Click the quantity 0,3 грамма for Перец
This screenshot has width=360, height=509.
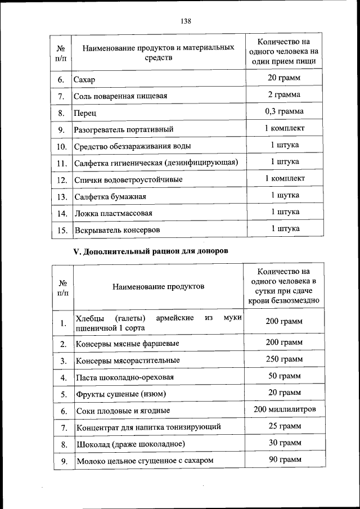click(x=284, y=111)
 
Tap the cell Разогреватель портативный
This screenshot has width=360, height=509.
click(x=123, y=129)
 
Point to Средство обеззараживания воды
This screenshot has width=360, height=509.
click(x=132, y=146)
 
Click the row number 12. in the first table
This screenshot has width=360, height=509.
click(x=62, y=181)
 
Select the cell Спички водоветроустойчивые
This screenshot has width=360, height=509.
click(x=128, y=181)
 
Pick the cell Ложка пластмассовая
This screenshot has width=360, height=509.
click(x=113, y=214)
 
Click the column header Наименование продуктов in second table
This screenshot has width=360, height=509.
click(x=158, y=287)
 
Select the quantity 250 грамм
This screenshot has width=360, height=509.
click(x=284, y=359)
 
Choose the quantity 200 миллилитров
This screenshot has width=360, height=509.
click(x=284, y=409)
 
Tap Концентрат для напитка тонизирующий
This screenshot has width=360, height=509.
click(x=148, y=427)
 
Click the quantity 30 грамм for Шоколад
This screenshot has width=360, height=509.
click(x=284, y=443)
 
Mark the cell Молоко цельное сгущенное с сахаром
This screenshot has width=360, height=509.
click(x=145, y=461)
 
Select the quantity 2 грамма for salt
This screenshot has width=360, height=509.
click(x=284, y=94)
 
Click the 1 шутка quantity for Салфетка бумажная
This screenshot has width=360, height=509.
click(x=284, y=195)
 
